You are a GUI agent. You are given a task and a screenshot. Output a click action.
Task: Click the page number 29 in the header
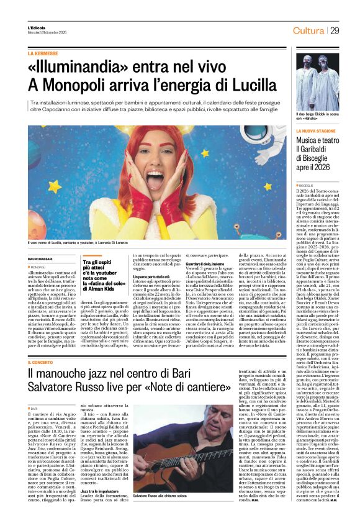click(335, 31)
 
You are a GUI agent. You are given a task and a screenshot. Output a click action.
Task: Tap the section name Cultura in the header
click(308, 31)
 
